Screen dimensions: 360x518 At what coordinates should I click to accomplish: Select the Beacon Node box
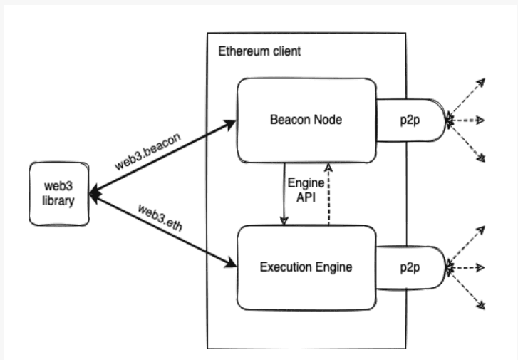[307, 120]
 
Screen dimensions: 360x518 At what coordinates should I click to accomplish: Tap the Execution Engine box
[307, 267]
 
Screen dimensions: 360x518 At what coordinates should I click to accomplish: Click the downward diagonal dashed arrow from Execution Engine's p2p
[467, 289]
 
